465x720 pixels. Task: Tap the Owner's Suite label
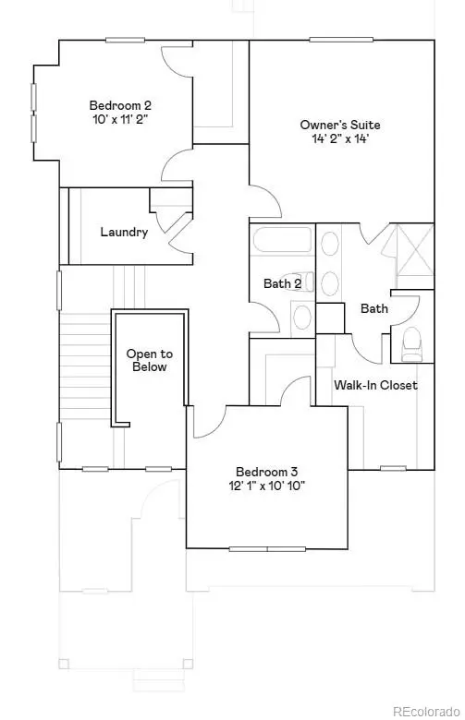point(339,125)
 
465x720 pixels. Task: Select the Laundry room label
point(124,233)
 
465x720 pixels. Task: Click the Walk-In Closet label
point(375,385)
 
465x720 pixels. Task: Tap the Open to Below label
point(149,360)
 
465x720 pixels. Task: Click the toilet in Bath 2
point(302,317)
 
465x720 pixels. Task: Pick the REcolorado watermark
point(422,712)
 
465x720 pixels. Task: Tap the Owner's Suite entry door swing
point(263,198)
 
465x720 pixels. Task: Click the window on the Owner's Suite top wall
point(334,40)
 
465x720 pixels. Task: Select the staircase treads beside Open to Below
point(85,369)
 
